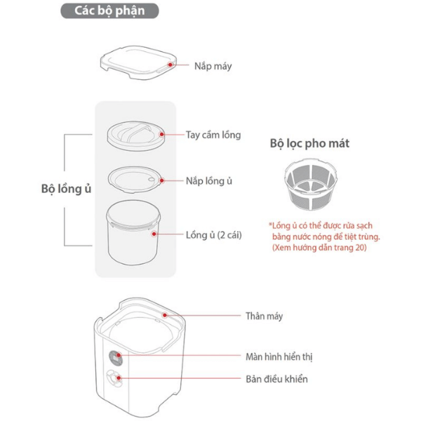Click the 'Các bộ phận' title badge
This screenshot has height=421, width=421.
point(109,11)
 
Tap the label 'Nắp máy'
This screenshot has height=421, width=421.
point(213,66)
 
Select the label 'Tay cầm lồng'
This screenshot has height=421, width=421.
point(213,135)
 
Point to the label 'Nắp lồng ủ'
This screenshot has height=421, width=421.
point(209,181)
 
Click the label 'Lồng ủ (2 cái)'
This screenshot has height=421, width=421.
point(214,235)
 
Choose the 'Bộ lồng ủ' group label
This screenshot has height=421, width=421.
point(66,189)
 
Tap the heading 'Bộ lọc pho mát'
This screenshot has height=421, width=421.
point(309,143)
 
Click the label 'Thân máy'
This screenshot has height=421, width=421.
point(265,316)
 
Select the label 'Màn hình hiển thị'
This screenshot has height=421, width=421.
point(279,357)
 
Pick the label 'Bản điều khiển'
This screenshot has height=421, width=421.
point(276,379)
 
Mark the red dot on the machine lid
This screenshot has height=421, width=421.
point(171,65)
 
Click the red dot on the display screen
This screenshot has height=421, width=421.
point(119,356)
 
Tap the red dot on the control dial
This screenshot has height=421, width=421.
point(119,378)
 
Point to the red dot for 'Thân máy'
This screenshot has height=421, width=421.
point(165,315)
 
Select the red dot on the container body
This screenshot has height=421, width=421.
point(154,234)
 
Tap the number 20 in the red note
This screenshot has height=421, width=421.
point(359,247)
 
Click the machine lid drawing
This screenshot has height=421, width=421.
point(138,62)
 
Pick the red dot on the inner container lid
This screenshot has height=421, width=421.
point(161,180)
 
